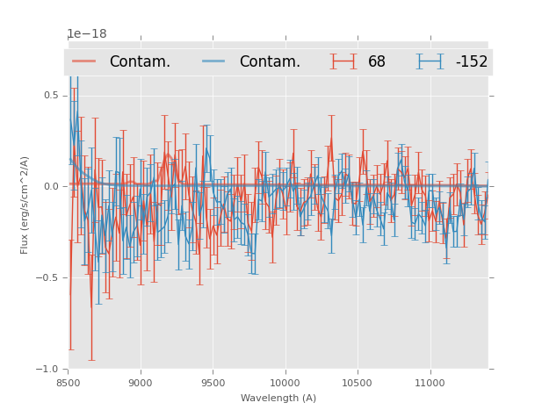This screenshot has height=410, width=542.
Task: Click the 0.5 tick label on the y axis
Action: [51, 95]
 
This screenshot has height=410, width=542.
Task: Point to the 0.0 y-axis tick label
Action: [51, 186]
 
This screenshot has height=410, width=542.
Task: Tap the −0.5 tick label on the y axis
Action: [48, 277]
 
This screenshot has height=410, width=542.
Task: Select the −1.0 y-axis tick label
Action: [48, 369]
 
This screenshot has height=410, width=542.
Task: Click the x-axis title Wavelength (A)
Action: [278, 398]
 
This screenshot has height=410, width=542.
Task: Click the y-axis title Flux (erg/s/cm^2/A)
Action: [25, 205]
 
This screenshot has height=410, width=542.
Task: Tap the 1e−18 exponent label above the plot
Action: [87, 34]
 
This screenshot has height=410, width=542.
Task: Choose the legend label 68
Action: [376, 61]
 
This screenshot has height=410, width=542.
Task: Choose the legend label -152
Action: [471, 61]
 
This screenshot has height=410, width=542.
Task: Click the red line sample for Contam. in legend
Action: [84, 61]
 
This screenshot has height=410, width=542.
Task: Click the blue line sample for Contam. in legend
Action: [214, 61]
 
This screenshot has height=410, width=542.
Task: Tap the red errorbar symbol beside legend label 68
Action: [343, 61]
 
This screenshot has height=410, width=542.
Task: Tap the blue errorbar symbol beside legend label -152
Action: [430, 61]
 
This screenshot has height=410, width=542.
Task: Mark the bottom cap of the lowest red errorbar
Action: [91, 360]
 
